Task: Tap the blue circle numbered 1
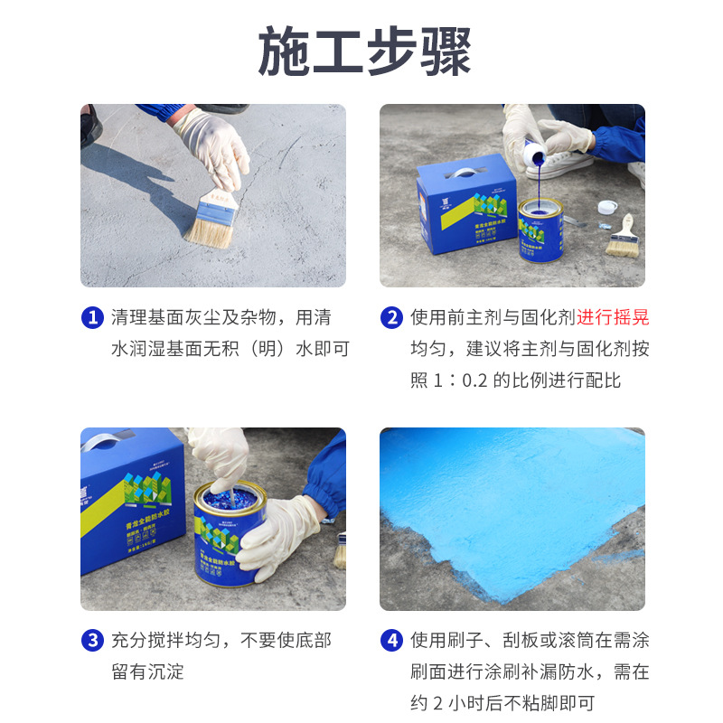click(x=92, y=317)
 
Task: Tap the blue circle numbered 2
click(x=391, y=317)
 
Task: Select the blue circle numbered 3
click(x=92, y=641)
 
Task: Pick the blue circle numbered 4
click(x=391, y=641)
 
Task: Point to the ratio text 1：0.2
click(x=460, y=380)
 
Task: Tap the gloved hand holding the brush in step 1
click(x=212, y=145)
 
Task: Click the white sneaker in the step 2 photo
click(x=561, y=163)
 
